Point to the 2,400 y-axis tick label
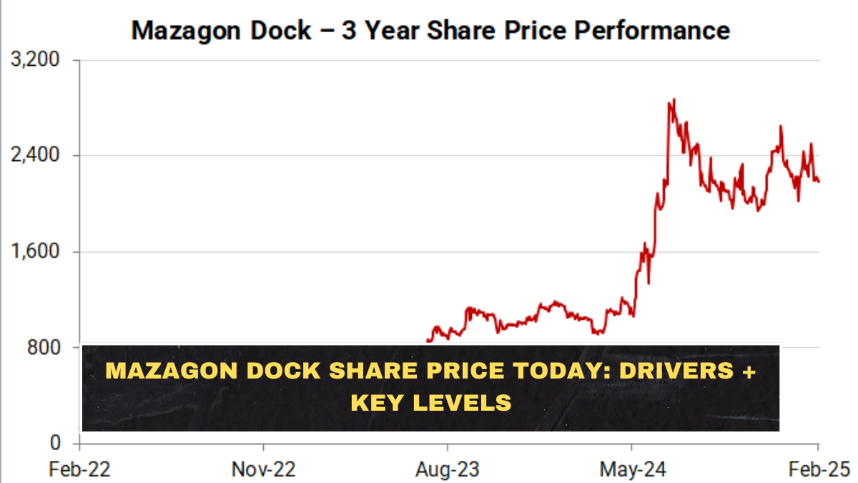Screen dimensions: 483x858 34,155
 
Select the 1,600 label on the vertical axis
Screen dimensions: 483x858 34,252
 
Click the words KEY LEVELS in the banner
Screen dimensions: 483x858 430,402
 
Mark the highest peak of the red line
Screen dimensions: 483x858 673,99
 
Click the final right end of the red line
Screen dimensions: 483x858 819,181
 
